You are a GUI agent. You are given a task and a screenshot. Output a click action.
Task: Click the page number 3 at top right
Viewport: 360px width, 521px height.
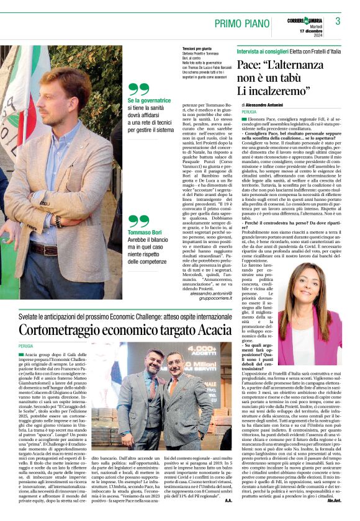click(338, 20)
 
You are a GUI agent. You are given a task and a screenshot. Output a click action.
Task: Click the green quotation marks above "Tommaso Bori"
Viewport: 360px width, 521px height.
click(138, 221)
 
